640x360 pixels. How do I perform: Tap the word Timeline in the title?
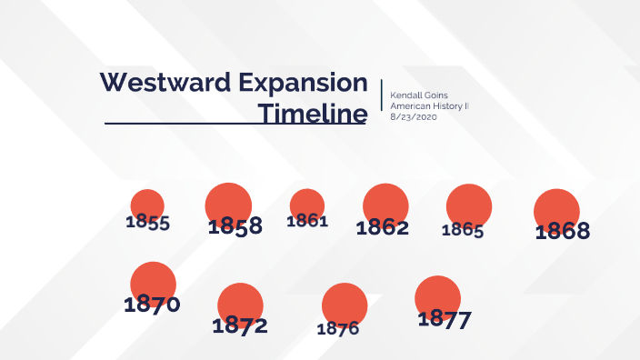[312, 115]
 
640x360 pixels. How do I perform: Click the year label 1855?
[148, 223]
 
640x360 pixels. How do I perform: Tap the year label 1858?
[235, 227]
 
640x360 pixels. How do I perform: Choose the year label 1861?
[307, 221]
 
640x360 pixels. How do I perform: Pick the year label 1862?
[382, 228]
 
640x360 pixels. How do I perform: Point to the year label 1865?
[463, 230]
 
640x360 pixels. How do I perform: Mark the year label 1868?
[562, 232]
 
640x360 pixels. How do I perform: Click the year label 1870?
[152, 305]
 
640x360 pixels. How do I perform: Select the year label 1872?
[240, 325]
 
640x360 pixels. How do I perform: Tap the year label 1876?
[338, 329]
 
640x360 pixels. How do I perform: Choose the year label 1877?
[445, 319]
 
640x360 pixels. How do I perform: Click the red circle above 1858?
[228, 202]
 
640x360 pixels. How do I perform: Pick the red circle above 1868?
[556, 207]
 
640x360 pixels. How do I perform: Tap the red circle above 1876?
[345, 304]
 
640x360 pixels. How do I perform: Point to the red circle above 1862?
[385, 204]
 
